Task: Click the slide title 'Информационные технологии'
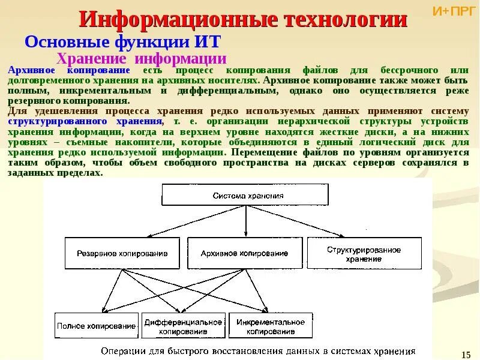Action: [x=243, y=20]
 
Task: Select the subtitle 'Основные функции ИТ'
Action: [x=123, y=43]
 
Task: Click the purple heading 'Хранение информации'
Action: [x=141, y=59]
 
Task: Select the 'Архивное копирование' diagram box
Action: [x=244, y=253]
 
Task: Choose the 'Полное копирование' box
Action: [x=96, y=326]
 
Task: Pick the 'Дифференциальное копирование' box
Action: [x=184, y=326]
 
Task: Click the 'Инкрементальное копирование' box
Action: [x=270, y=326]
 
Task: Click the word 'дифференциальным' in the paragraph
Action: [x=227, y=91]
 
